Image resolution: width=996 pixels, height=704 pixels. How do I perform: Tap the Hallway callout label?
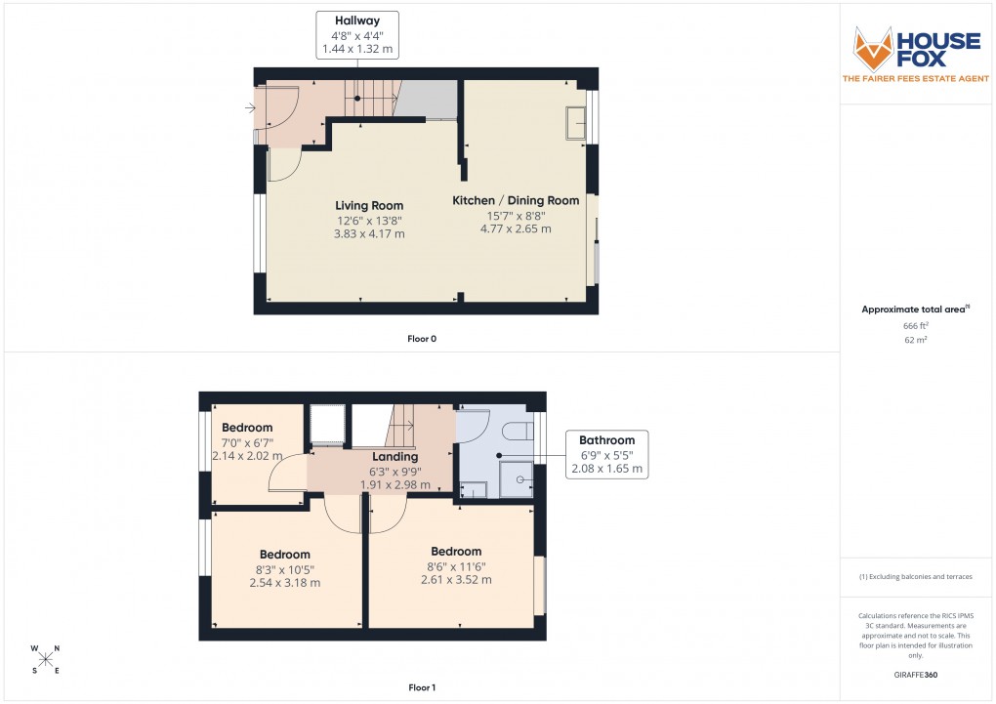[356, 33]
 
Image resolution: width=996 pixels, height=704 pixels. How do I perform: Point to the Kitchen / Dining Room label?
[515, 214]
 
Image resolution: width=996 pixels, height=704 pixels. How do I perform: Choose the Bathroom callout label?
[606, 454]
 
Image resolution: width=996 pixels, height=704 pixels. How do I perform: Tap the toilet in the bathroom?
[515, 431]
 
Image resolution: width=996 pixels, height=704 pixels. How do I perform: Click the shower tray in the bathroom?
[517, 478]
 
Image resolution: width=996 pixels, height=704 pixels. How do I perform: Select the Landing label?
[395, 470]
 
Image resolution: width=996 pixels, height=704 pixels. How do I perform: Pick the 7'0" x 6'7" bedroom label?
[247, 441]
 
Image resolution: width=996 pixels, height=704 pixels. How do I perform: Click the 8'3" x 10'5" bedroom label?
[284, 568]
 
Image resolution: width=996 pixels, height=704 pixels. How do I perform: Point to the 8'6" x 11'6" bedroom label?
[456, 565]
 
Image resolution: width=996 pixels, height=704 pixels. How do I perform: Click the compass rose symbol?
[45, 659]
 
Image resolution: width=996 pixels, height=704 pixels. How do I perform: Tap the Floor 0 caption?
[422, 339]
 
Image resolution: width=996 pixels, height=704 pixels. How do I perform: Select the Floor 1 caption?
[422, 688]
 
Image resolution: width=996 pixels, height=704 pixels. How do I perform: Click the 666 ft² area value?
[915, 325]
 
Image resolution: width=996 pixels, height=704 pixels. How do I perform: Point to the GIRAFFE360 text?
[915, 674]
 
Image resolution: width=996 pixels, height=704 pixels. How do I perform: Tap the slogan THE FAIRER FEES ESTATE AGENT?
[914, 79]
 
